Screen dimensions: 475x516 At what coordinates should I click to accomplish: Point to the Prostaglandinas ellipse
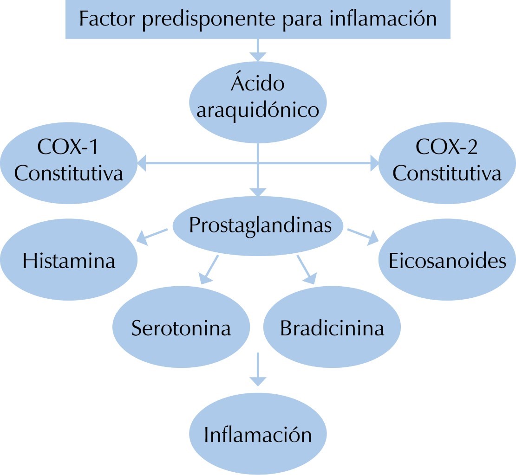(x=258, y=226)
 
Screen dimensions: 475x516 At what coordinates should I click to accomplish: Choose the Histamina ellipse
(x=69, y=261)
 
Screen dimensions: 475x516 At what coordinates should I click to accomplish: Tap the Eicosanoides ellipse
(x=447, y=261)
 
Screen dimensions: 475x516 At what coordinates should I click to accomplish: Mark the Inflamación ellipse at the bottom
(x=258, y=435)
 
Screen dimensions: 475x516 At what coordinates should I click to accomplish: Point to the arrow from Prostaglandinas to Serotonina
(x=209, y=269)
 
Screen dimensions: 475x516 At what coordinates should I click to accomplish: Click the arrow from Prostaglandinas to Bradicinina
(x=306, y=269)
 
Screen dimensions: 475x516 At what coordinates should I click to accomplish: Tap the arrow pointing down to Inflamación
(x=258, y=370)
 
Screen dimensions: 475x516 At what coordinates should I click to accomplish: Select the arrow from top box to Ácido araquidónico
(x=258, y=50)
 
